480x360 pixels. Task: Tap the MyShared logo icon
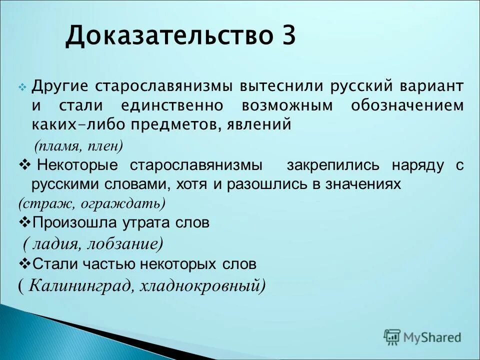392,337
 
